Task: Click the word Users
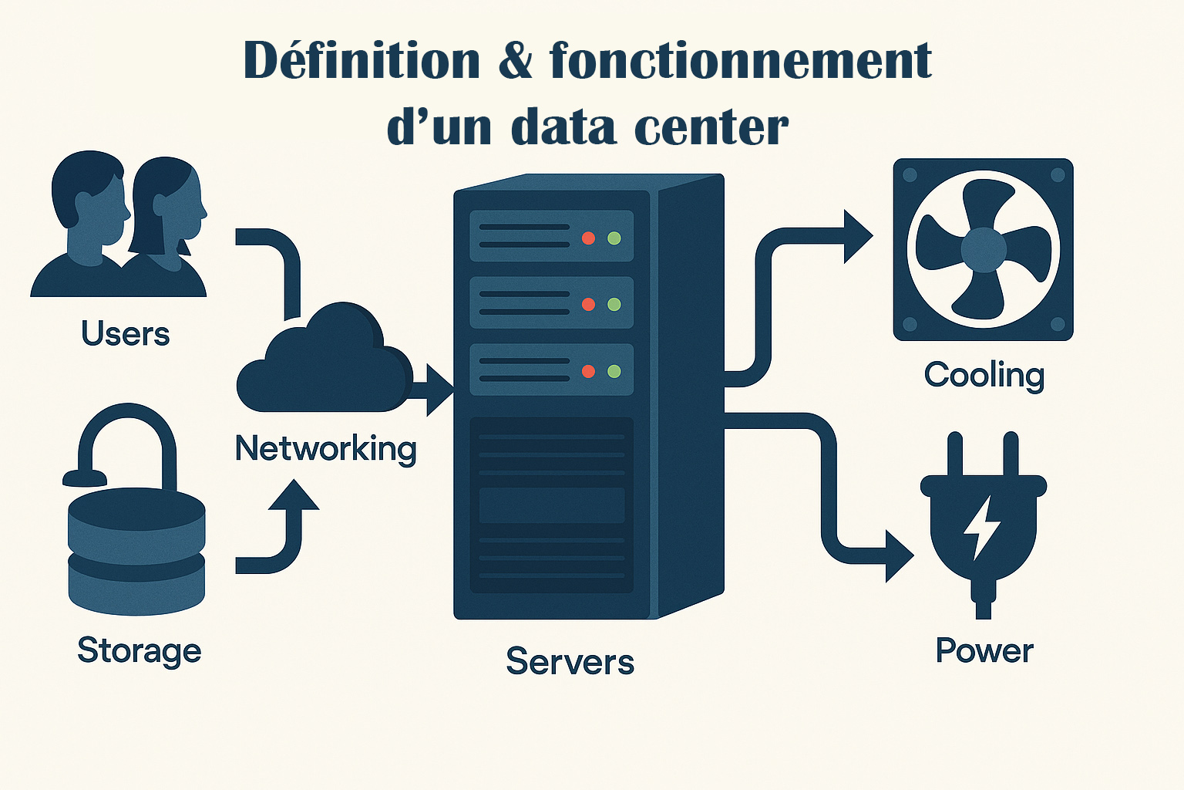click(x=126, y=334)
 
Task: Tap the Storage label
click(x=140, y=650)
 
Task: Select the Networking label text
click(x=325, y=448)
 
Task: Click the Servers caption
click(x=570, y=661)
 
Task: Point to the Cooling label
click(x=984, y=375)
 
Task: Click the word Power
click(x=984, y=650)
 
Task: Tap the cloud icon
click(x=324, y=363)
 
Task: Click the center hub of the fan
click(x=984, y=249)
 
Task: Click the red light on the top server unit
click(x=588, y=238)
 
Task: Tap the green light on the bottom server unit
click(x=614, y=371)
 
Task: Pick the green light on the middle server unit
click(x=614, y=304)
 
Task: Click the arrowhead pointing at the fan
click(x=856, y=236)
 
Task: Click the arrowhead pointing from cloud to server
click(x=439, y=390)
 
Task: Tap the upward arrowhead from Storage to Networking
click(x=294, y=495)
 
